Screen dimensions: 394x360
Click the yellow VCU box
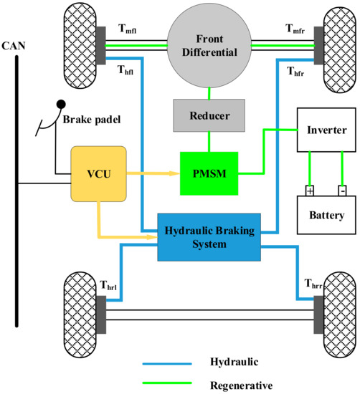click(98, 173)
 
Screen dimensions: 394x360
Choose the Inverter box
click(326, 130)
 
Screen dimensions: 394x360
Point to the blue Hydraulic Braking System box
click(208, 237)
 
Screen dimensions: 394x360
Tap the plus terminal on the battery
click(310, 191)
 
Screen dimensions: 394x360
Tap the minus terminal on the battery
click(342, 191)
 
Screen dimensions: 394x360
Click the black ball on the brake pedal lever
click(62, 105)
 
